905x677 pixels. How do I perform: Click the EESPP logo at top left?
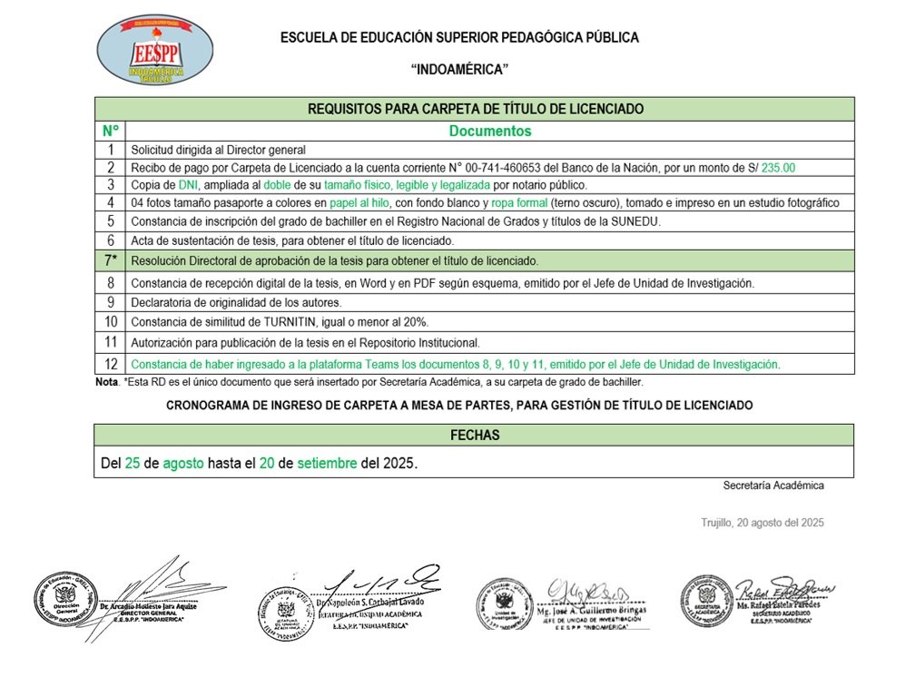[154, 51]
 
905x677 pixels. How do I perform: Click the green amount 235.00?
[778, 168]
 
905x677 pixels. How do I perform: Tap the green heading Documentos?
[490, 131]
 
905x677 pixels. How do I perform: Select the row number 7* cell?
[111, 260]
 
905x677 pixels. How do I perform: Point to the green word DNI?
[188, 185]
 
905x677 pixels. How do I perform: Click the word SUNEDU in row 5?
[635, 221]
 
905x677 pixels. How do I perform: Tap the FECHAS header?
[475, 436]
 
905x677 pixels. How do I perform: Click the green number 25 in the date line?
[133, 463]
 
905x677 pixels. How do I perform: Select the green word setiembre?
[327, 463]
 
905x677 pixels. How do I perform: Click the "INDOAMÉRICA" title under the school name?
[459, 70]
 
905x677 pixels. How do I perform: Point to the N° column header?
[111, 131]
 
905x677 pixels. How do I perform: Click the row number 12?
[111, 364]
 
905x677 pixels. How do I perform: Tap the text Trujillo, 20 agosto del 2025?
[762, 523]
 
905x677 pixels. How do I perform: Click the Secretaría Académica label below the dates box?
[773, 486]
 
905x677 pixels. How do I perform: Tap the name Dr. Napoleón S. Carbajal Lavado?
[369, 603]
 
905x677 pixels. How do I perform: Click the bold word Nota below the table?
[106, 382]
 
